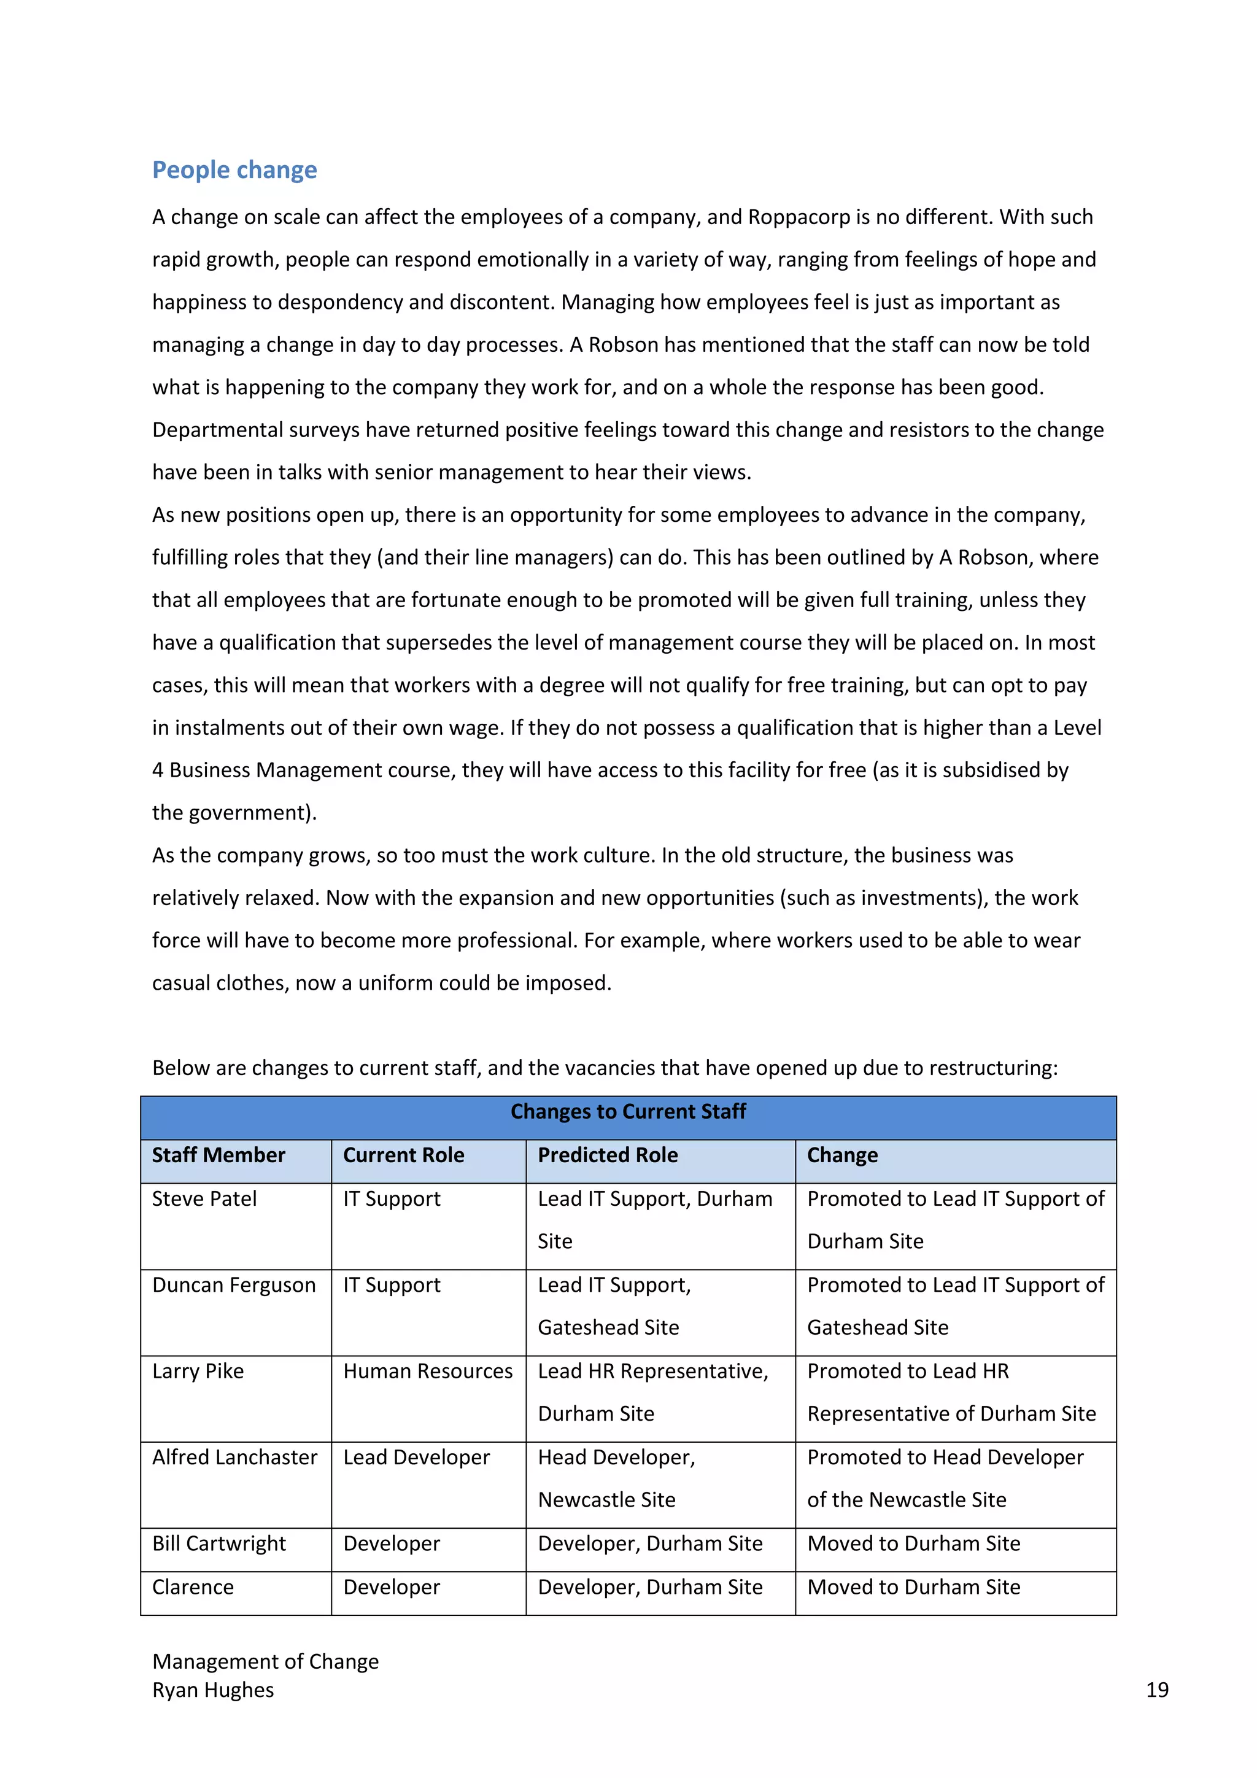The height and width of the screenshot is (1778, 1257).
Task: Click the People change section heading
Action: [234, 169]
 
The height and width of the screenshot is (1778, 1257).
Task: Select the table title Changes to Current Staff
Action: [628, 1111]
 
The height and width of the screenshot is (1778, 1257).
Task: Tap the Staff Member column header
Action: [219, 1155]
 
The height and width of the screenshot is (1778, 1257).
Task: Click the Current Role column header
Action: [403, 1155]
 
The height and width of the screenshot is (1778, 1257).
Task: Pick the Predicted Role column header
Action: [608, 1155]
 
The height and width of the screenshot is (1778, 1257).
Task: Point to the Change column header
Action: [842, 1155]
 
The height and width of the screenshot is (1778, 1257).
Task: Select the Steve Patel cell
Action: [204, 1199]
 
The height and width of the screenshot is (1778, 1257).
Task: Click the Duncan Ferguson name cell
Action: [234, 1285]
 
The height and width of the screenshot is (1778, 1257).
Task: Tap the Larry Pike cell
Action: [198, 1371]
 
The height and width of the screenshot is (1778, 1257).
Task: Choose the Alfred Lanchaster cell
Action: [234, 1457]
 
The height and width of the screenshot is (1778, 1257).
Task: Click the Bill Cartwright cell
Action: [219, 1543]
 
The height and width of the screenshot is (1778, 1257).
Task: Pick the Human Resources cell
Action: [428, 1371]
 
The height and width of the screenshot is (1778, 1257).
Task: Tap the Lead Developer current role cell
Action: [416, 1457]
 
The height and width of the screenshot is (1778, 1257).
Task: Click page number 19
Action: [1156, 1690]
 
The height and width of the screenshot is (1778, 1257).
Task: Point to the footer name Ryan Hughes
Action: [213, 1690]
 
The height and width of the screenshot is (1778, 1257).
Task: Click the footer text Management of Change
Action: [266, 1661]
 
